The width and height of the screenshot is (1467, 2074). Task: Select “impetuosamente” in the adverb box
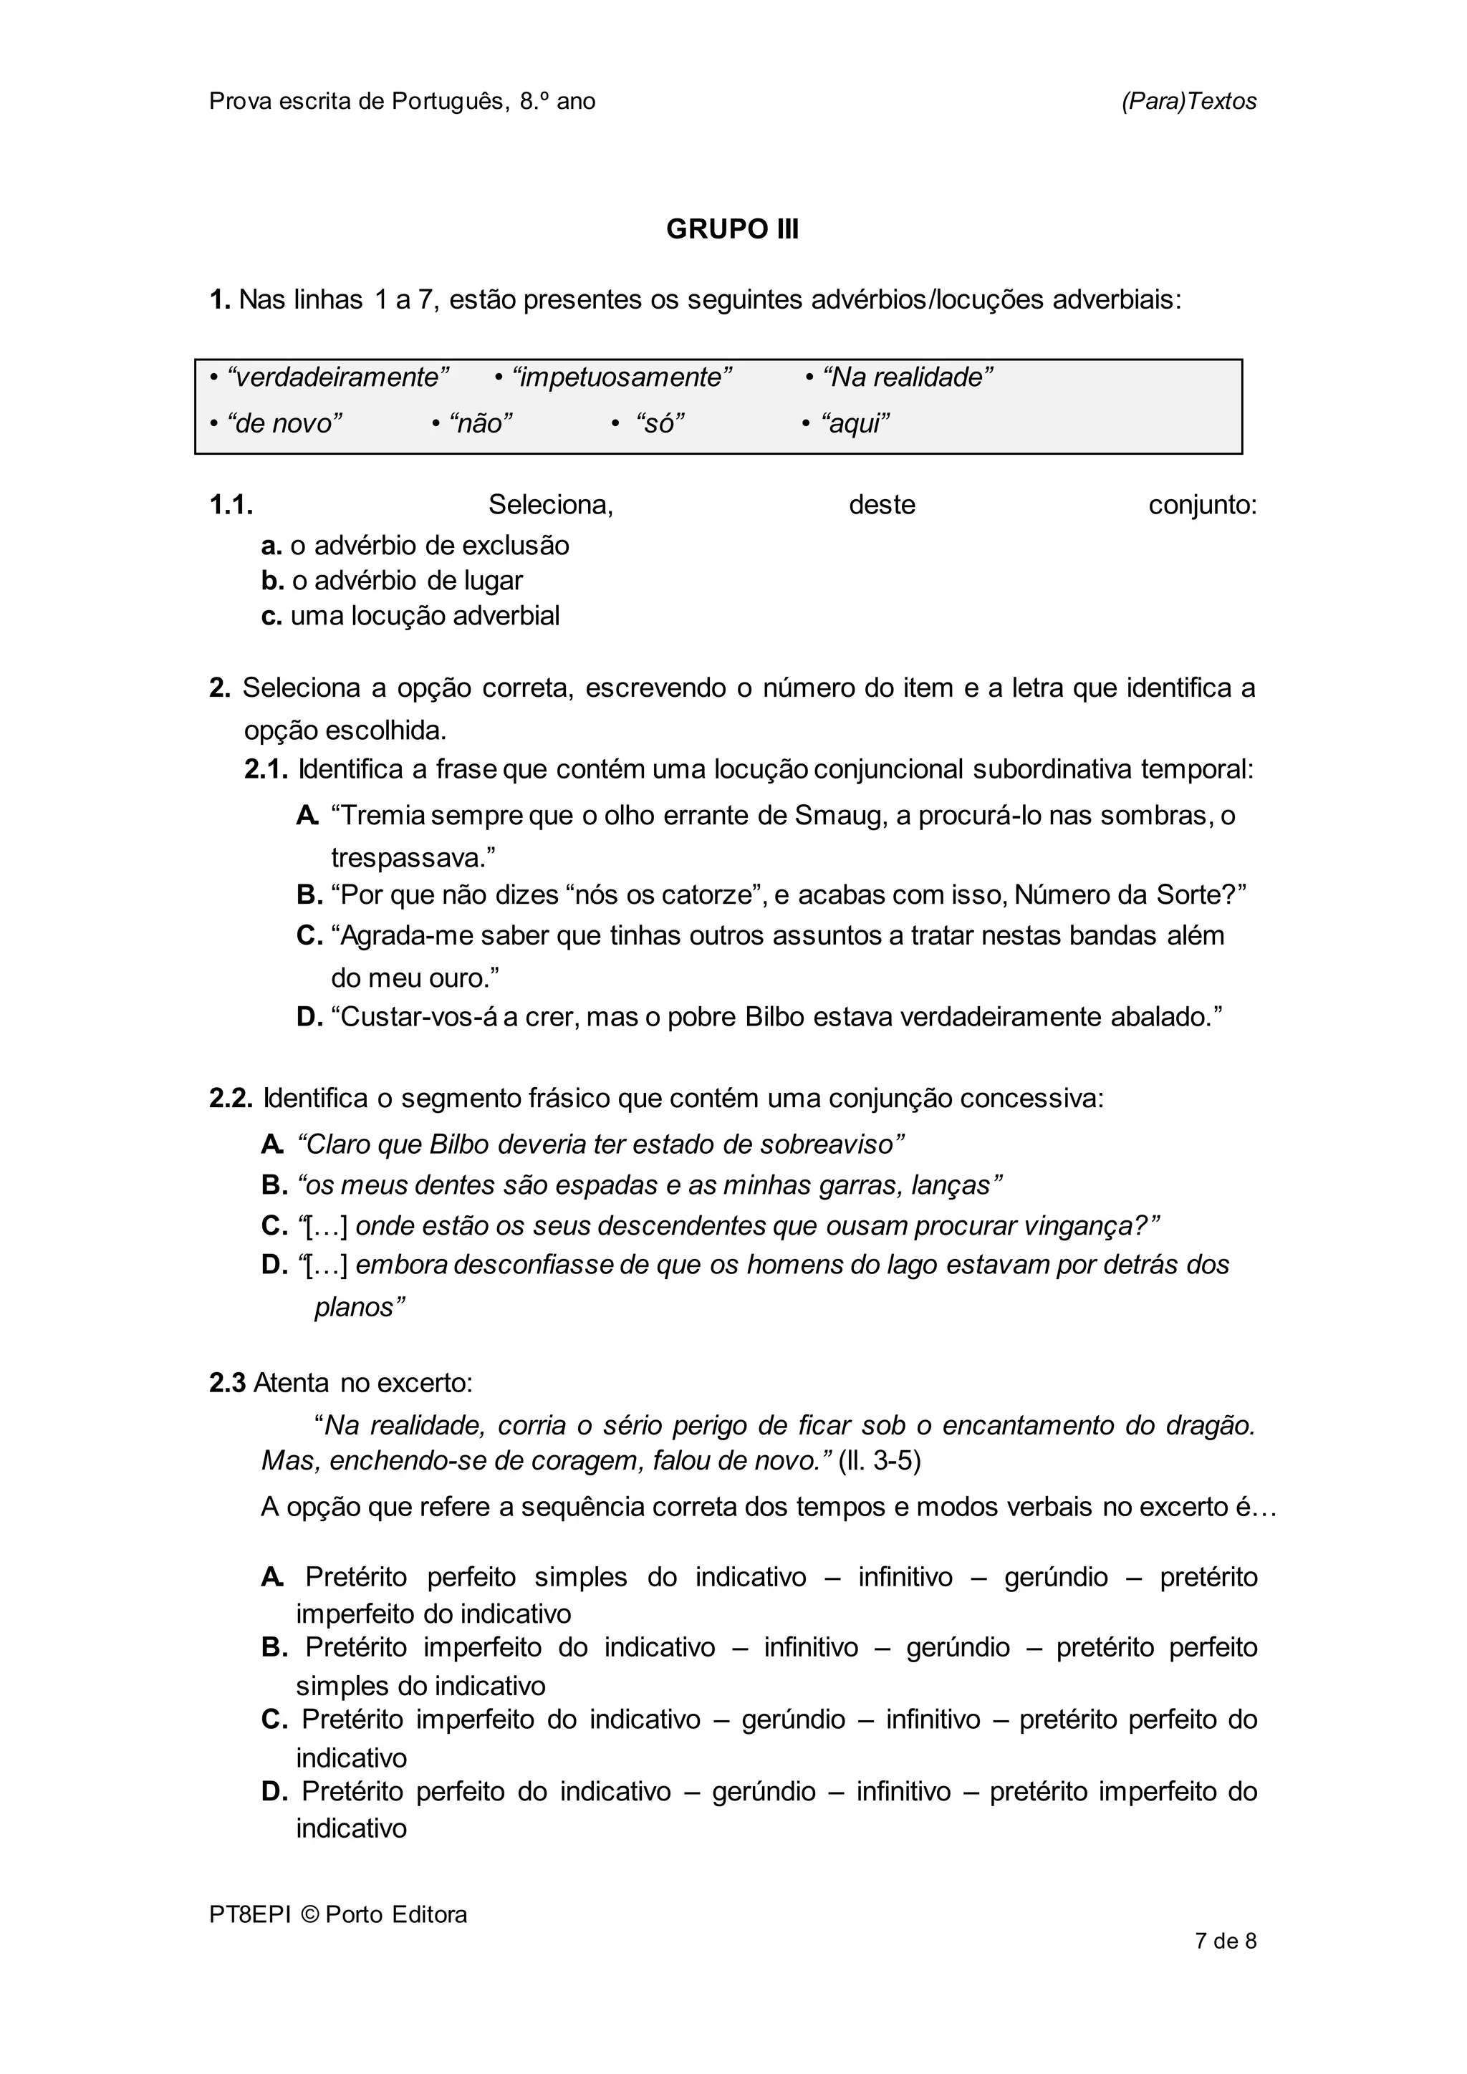click(622, 377)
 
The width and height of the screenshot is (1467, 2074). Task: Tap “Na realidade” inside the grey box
click(908, 377)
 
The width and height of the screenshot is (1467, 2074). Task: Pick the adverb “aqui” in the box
click(855, 423)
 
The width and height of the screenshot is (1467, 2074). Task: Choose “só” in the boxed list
click(660, 423)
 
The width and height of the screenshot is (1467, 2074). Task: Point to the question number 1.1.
click(231, 505)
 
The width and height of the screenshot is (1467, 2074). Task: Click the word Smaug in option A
click(832, 816)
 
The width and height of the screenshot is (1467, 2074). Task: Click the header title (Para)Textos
click(1189, 101)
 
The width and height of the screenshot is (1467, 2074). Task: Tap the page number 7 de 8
click(1225, 1940)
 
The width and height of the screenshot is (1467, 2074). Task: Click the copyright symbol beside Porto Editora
click(311, 1914)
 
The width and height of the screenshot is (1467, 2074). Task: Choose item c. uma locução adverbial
click(411, 616)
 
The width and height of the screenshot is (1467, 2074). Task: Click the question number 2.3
click(228, 1383)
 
